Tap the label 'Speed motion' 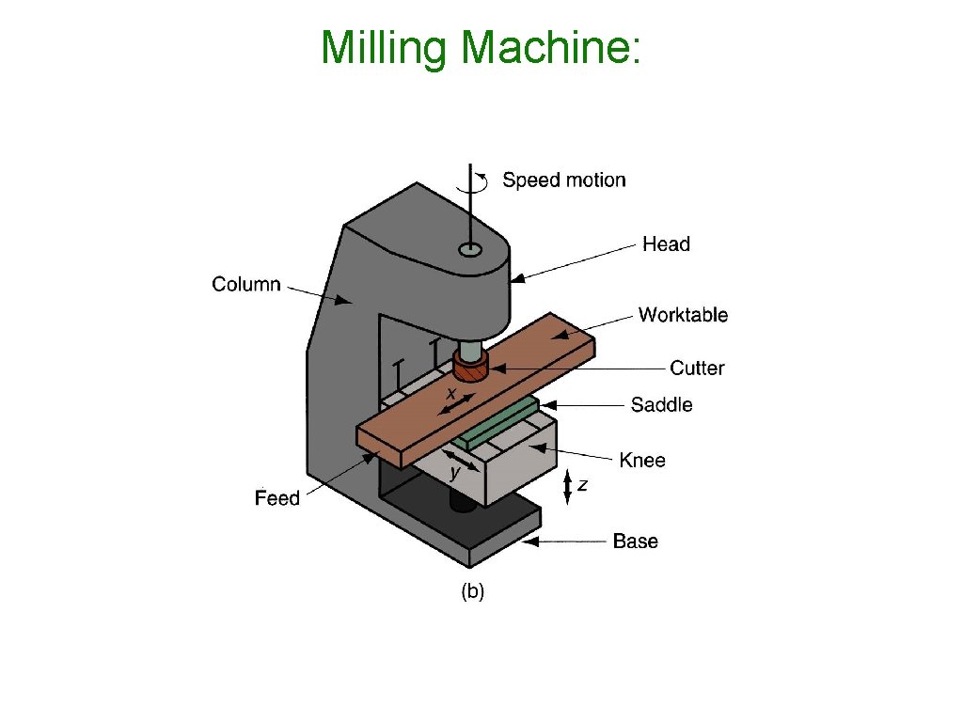pos(563,180)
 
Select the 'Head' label pos(666,244)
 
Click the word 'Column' pos(246,284)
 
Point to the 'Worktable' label pos(683,315)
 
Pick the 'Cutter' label pos(697,368)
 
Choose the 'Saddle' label pos(661,405)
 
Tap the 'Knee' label pos(641,461)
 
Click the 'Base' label pos(635,541)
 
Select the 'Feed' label pos(276,498)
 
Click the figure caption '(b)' pos(471,591)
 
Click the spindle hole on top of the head pos(470,250)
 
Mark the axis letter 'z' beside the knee pos(583,485)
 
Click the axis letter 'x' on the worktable pos(451,392)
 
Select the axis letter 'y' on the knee pos(455,471)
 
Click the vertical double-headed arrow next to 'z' pos(567,487)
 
